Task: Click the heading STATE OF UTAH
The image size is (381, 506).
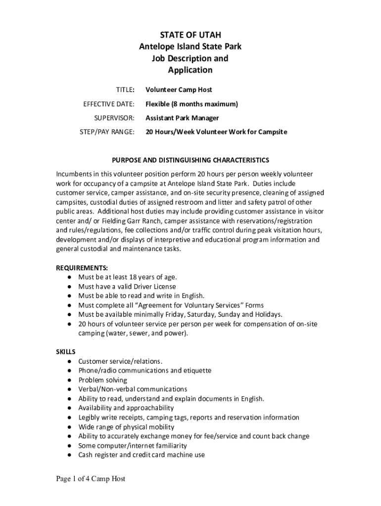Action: (190, 35)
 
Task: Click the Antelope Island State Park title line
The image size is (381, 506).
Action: (190, 46)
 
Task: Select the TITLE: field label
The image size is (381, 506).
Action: (125, 90)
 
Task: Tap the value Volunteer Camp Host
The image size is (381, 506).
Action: (179, 90)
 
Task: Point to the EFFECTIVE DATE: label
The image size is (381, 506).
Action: (108, 104)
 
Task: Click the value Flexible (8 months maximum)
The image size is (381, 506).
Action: (191, 104)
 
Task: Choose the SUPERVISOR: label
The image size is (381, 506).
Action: (114, 118)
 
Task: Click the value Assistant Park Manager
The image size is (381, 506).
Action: (182, 118)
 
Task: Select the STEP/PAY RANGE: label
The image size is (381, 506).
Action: (107, 132)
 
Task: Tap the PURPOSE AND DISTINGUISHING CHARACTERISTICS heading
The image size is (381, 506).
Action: (190, 160)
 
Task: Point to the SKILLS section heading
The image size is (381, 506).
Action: (65, 352)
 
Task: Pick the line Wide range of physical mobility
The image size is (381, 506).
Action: (126, 427)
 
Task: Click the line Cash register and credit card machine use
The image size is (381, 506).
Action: (142, 455)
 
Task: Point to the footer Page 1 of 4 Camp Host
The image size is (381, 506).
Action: (87, 479)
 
